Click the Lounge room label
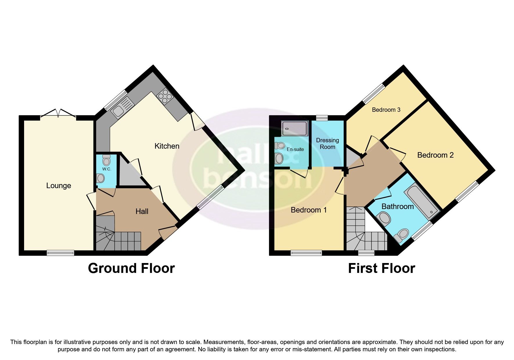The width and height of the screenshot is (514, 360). tap(59, 186)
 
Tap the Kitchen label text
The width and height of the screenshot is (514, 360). tap(167, 146)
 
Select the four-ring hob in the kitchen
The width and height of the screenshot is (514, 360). tap(165, 96)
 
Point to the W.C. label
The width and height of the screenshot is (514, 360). tap(107, 169)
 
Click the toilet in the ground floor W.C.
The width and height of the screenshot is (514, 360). tap(107, 160)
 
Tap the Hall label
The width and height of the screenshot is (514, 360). tap(142, 211)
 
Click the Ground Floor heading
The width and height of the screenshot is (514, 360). tap(131, 268)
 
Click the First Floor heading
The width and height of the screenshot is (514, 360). tap(381, 268)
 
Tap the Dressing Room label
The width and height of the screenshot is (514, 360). tap(327, 143)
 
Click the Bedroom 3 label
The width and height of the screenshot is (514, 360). tap(386, 110)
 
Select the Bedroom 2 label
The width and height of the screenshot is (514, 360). tap(435, 155)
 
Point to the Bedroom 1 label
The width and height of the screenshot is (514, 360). tap(309, 210)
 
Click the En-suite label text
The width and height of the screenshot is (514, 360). tap(295, 149)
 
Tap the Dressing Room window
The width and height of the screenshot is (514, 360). tap(322, 118)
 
